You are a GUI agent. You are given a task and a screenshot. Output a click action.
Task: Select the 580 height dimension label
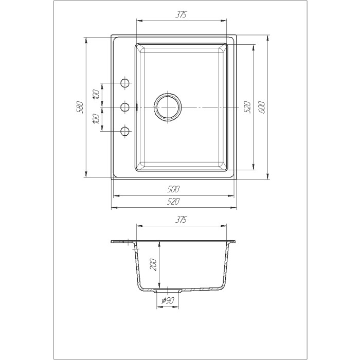click(x=80, y=107)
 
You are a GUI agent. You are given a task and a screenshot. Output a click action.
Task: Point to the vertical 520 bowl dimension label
click(x=247, y=107)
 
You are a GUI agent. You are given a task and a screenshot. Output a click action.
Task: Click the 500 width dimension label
click(x=173, y=189)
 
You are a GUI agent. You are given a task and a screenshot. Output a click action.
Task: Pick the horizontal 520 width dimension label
click(x=173, y=202)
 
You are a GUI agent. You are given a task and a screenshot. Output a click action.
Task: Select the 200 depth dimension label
click(x=153, y=264)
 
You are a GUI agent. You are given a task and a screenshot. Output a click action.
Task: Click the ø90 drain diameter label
click(x=168, y=300)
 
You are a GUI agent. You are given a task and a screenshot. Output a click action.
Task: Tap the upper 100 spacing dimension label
click(x=97, y=95)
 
